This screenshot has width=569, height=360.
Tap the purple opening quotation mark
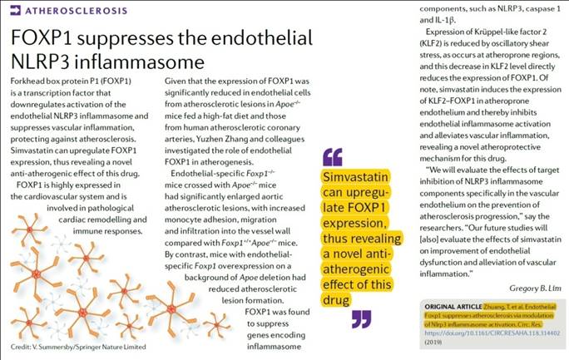331,156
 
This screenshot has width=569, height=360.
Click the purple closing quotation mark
360,318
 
